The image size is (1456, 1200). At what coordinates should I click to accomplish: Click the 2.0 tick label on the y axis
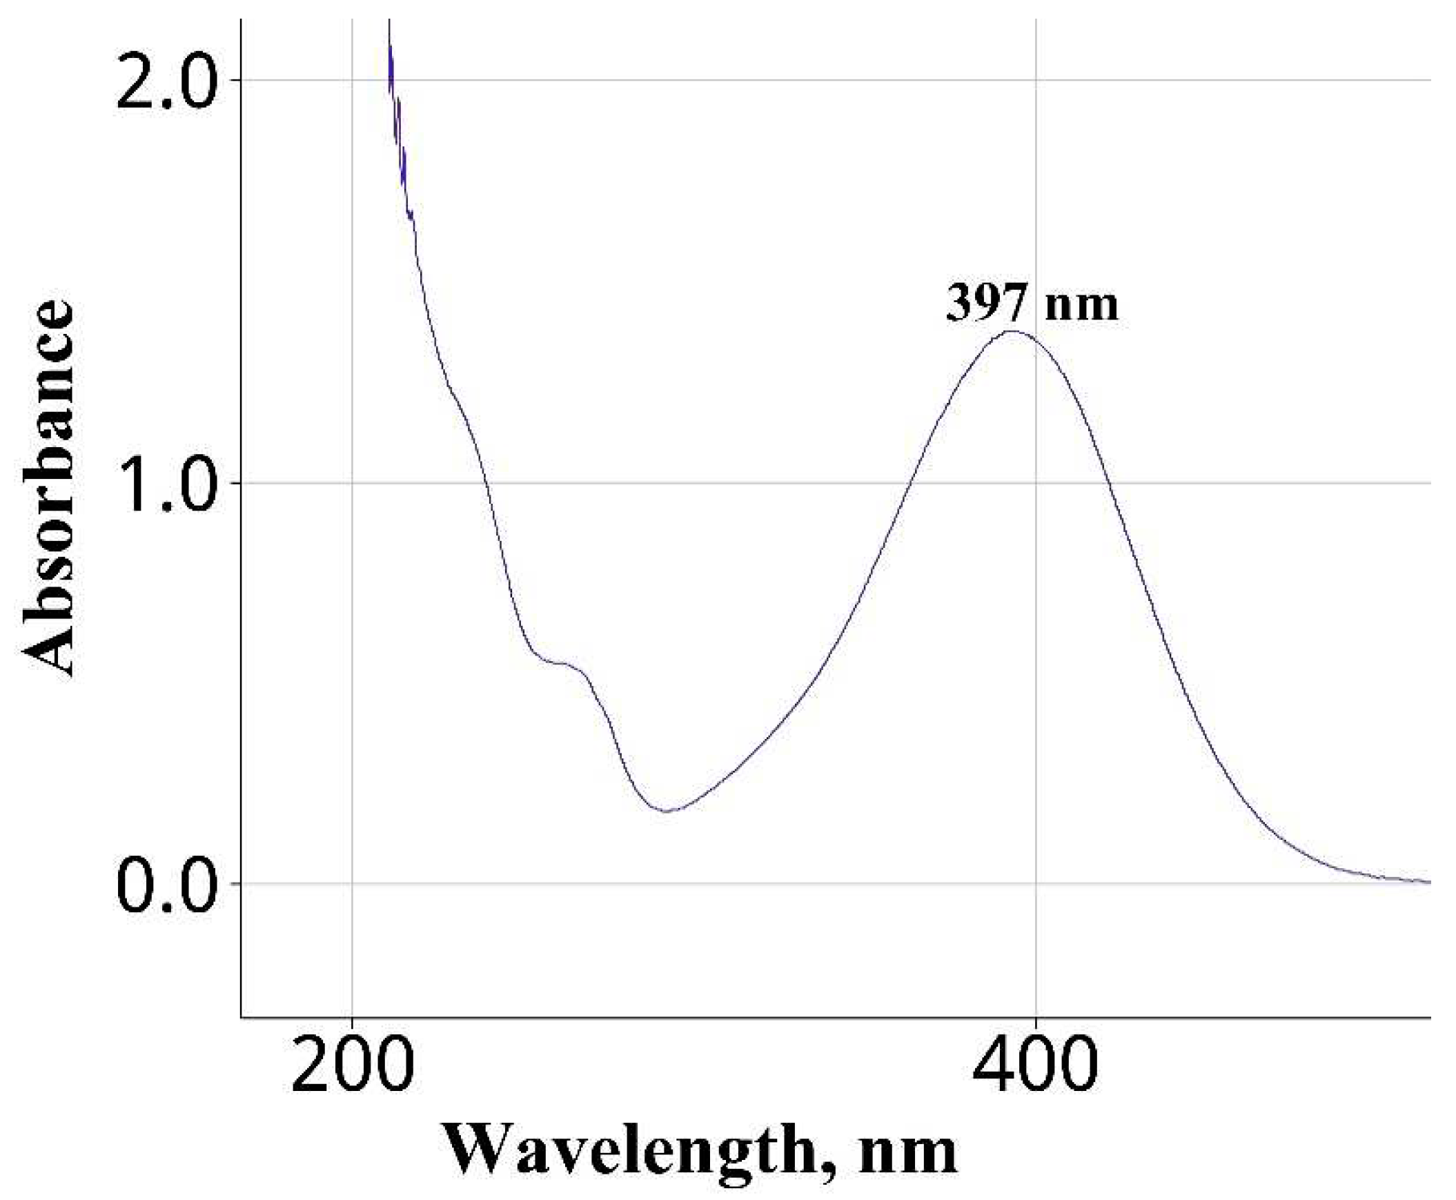[x=164, y=81]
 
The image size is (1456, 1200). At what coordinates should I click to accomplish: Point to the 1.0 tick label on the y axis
[x=164, y=483]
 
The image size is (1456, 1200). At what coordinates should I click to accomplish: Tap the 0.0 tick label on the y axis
[x=164, y=884]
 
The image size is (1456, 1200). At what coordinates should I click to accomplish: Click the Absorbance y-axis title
[x=47, y=487]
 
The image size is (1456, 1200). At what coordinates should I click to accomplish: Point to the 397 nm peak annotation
[x=1032, y=304]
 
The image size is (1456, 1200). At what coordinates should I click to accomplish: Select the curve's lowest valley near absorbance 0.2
[x=667, y=811]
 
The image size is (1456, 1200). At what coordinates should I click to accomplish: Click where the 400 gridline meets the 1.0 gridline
[x=1036, y=483]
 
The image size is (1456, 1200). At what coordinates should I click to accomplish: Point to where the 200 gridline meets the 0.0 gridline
[x=353, y=883]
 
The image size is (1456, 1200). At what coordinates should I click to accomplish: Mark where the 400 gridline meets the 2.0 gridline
[x=1036, y=81]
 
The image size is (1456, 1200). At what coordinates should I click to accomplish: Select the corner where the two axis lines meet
[x=242, y=1018]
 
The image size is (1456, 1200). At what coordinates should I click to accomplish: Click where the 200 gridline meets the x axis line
[x=353, y=1018]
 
